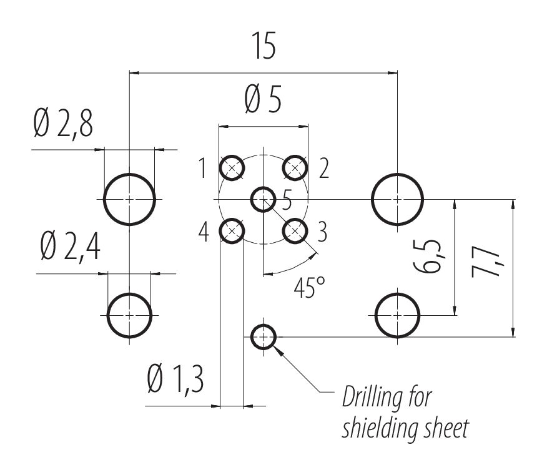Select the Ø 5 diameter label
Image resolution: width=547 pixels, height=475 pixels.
pos(264,100)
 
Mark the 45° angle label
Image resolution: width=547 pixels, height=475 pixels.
pos(310,288)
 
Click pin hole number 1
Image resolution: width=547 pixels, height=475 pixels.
pos(232,168)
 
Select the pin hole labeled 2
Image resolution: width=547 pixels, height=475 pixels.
pos(295,167)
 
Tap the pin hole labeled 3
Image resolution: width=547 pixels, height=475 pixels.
pos(295,231)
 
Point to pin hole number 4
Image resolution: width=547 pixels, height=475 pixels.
pos(232,231)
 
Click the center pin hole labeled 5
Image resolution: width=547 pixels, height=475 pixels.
pos(263,199)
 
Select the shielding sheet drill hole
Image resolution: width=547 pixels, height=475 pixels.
pos(263,338)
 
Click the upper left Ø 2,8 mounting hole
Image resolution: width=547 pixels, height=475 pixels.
pos(129,199)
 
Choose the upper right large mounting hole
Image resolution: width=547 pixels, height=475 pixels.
pos(398,199)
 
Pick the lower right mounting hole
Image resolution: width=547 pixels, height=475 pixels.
pos(398,315)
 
